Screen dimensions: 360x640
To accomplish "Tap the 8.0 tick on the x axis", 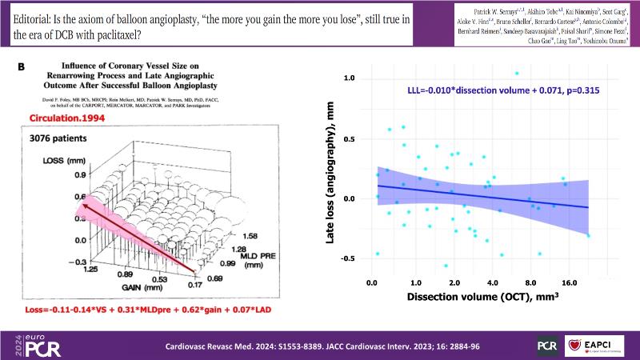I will pos(530,282).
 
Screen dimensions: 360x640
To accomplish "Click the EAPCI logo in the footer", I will pos(594,345).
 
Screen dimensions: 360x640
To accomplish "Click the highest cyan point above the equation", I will pos(494,73).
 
